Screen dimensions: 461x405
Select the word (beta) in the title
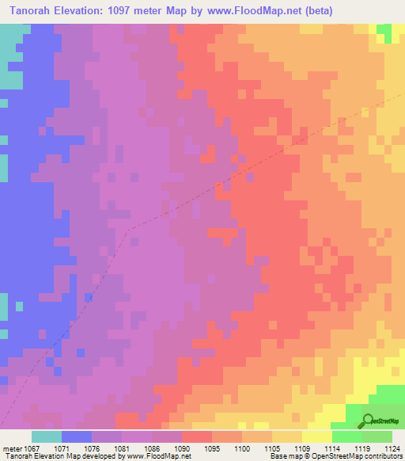click(x=315, y=11)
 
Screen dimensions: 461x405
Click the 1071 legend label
click(x=62, y=449)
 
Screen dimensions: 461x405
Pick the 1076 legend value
click(x=93, y=449)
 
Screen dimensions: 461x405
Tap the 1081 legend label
click(x=123, y=449)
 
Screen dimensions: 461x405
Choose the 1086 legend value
click(x=153, y=449)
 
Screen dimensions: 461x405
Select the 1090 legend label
click(x=183, y=449)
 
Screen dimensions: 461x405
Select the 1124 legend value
click(x=390, y=449)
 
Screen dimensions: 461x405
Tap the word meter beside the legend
click(x=11, y=449)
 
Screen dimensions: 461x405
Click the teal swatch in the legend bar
click(x=46, y=436)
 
